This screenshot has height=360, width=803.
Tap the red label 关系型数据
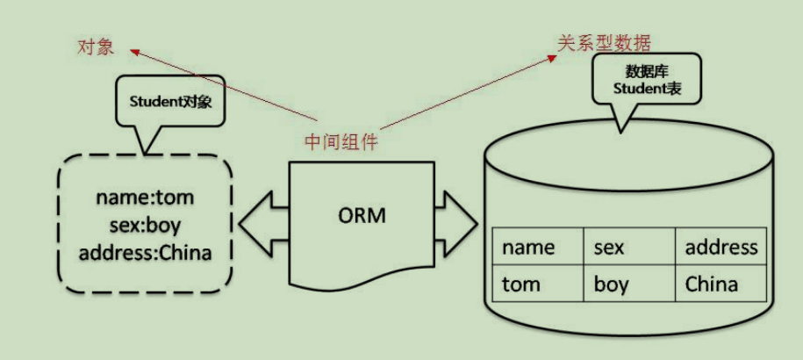605,41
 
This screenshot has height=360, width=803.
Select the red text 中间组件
341,141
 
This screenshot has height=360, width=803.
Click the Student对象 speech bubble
171,101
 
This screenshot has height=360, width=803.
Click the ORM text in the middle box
362,215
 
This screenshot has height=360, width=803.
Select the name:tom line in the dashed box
145,197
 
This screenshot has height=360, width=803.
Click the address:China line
145,254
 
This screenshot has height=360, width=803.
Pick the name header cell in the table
528,248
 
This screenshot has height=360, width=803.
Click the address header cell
721,248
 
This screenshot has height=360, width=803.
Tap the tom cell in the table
521,284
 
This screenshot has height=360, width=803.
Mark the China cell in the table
711,284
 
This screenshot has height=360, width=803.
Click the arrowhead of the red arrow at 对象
133,50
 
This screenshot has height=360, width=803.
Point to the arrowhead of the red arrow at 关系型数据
555,54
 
